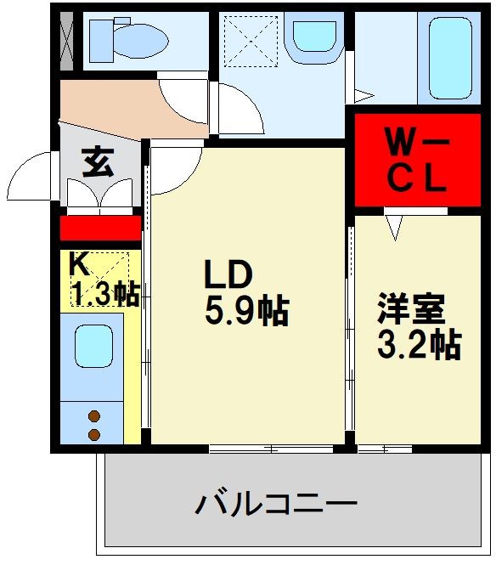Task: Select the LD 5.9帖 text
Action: pos(245,293)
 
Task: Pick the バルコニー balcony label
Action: pos(276,506)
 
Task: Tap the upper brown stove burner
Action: pos(94,416)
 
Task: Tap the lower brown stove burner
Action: pos(94,434)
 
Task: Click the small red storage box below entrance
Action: pos(100,228)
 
